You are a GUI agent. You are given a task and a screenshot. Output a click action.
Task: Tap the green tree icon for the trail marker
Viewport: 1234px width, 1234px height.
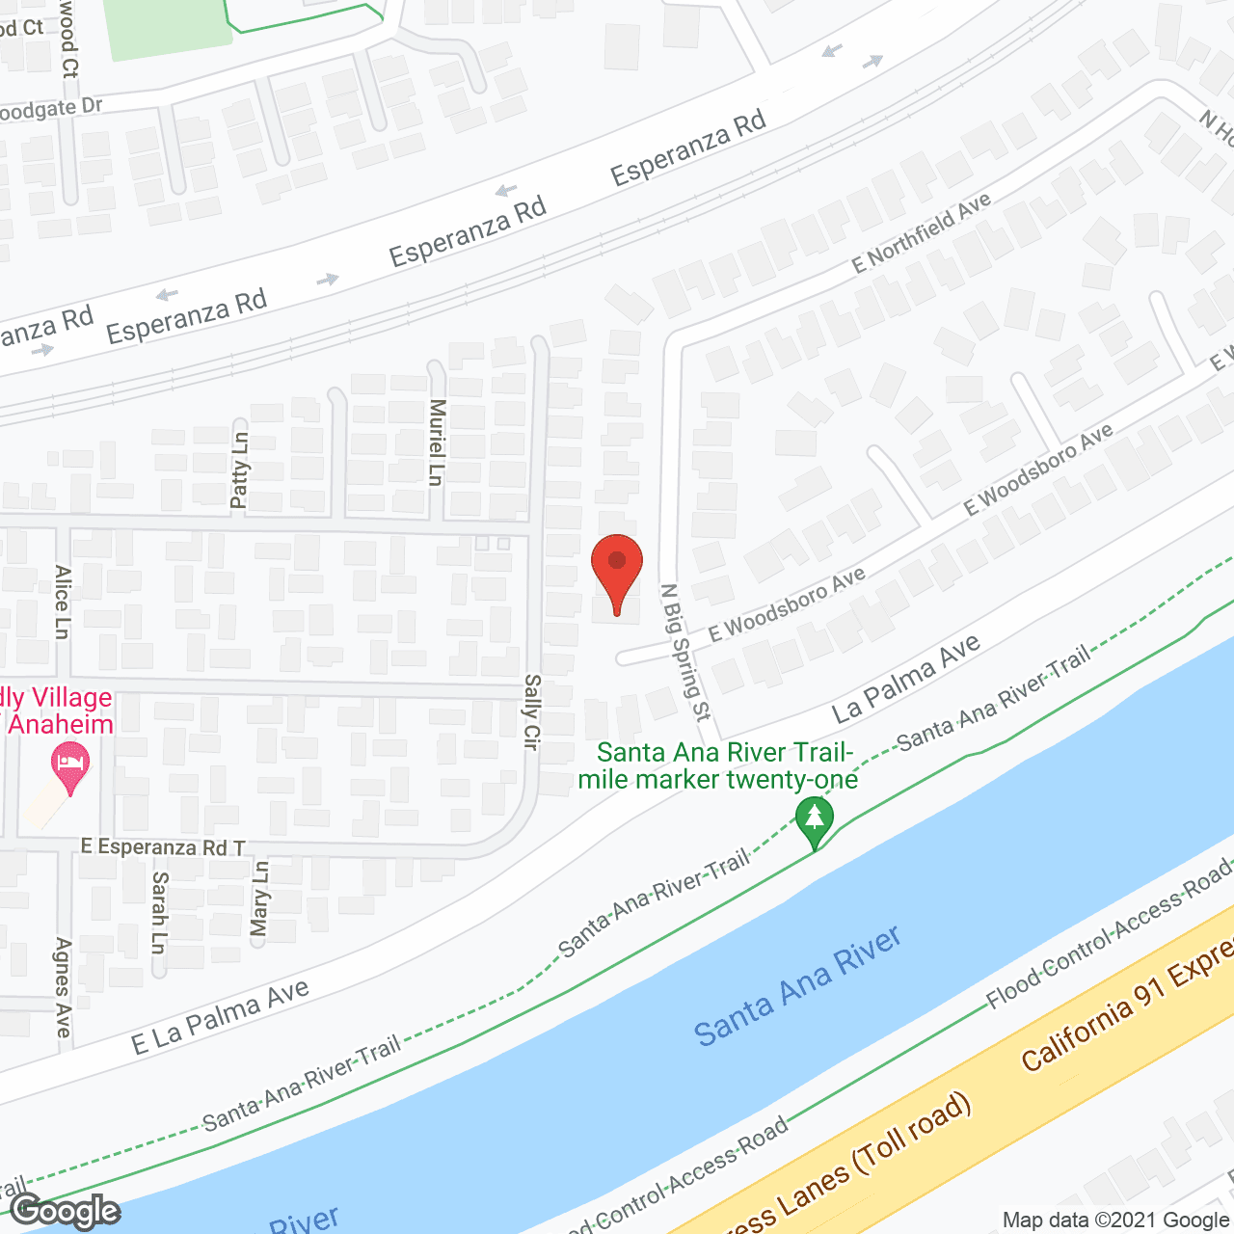pos(815,820)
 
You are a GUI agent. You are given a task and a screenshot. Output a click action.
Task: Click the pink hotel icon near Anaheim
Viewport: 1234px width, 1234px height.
pos(69,766)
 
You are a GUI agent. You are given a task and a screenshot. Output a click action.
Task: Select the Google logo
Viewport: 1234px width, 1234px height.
pos(65,1211)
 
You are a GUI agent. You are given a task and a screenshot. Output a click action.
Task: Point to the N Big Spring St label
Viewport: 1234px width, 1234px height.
pos(685,652)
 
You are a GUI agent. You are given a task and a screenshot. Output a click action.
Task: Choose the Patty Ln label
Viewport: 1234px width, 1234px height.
pos(239,469)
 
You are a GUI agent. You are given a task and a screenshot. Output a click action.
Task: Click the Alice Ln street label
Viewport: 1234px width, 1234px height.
pos(63,602)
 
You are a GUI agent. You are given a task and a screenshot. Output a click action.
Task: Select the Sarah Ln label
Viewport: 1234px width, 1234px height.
pos(160,912)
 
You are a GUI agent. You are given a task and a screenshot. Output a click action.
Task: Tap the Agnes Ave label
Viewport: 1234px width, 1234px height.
pos(64,987)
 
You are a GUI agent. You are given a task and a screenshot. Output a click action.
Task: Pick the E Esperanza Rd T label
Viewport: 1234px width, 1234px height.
pos(163,847)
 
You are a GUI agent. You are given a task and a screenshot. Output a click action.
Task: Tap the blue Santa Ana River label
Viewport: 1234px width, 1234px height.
pos(797,985)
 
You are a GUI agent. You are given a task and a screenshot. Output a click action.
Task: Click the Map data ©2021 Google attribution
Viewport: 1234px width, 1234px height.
pos(1116,1221)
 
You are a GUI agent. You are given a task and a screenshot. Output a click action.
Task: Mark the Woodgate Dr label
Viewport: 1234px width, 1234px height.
pos(50,110)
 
